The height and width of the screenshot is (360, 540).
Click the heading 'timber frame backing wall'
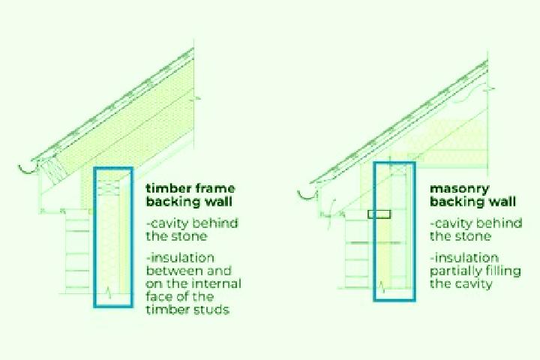pyautogui.click(x=190, y=195)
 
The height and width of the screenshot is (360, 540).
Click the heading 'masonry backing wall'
pyautogui.click(x=472, y=195)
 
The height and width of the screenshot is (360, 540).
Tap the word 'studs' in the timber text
pyautogui.click(x=211, y=309)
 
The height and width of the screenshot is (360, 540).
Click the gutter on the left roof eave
pyautogui.click(x=29, y=168)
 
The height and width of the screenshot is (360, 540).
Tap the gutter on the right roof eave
pyautogui.click(x=307, y=195)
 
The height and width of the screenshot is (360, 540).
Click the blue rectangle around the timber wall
pyautogui.click(x=94, y=237)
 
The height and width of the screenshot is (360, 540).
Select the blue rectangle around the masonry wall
pyautogui.click(x=374, y=232)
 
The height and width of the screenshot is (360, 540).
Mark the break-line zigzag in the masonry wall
pyautogui.click(x=382, y=287)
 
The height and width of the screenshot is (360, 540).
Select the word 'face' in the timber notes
pyautogui.click(x=160, y=296)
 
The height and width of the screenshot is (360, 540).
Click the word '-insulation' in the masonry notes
pyautogui.click(x=464, y=258)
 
